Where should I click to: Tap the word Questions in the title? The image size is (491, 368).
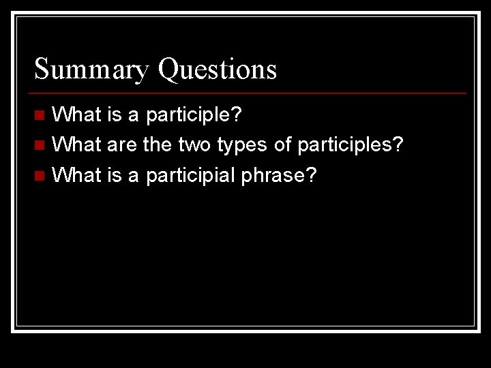point(217,70)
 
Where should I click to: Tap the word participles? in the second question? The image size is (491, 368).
point(350,145)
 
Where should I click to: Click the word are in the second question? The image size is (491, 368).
point(121,145)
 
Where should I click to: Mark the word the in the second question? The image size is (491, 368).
point(157,145)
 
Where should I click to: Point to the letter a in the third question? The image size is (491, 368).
point(133,177)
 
